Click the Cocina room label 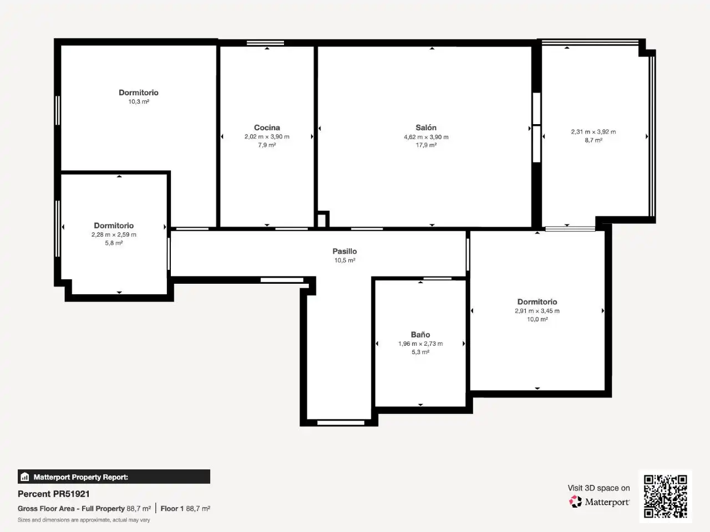click(267, 127)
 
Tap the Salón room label click(426, 127)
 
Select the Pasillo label click(345, 251)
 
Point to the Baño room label click(420, 335)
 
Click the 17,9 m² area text click(426, 145)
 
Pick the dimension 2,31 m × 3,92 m click(594, 132)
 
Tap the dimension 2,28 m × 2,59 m click(114, 234)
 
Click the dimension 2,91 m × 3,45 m click(537, 311)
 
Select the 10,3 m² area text click(139, 101)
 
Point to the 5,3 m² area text click(420, 352)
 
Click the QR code click(666, 496)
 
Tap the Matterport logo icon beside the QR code click(575, 502)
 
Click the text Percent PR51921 click(54, 494)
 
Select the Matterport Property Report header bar click(114, 477)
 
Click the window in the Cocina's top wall click(265, 43)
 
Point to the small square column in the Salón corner click(322, 219)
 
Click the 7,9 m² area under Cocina click(267, 145)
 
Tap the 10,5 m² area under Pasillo click(345, 260)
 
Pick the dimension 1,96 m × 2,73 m click(420, 344)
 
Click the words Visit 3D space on click(599, 488)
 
